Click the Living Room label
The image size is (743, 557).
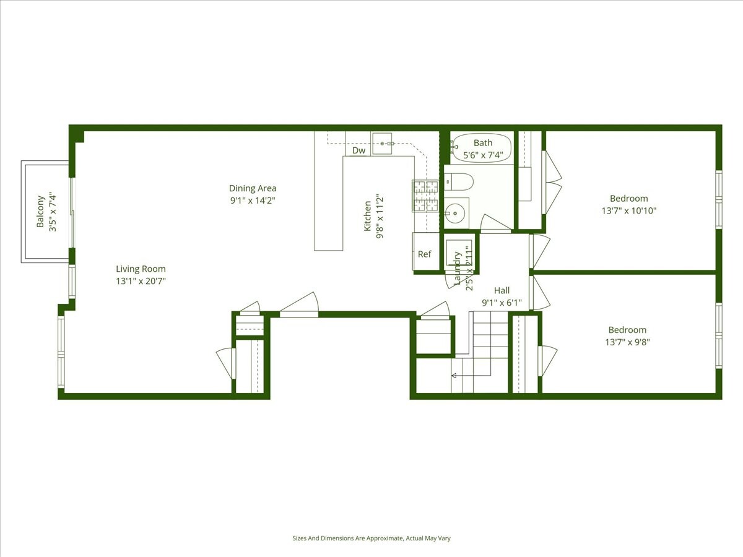pos(141,269)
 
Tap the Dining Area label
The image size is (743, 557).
pos(253,188)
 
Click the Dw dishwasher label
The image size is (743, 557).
pos(358,150)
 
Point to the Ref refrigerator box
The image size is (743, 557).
pos(425,253)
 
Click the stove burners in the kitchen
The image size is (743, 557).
pos(425,195)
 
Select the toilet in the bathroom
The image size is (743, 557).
pos(459,182)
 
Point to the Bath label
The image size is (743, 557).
pos(483,143)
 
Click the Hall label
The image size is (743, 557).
pos(502,290)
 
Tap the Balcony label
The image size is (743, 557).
pos(40,212)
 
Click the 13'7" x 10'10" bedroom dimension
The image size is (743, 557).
pos(628,210)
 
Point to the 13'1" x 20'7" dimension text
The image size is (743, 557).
pos(141,281)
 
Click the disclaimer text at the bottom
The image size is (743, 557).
pos(371,538)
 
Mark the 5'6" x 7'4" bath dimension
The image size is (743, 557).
pos(483,155)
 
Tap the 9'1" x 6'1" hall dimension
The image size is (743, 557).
pos(502,303)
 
